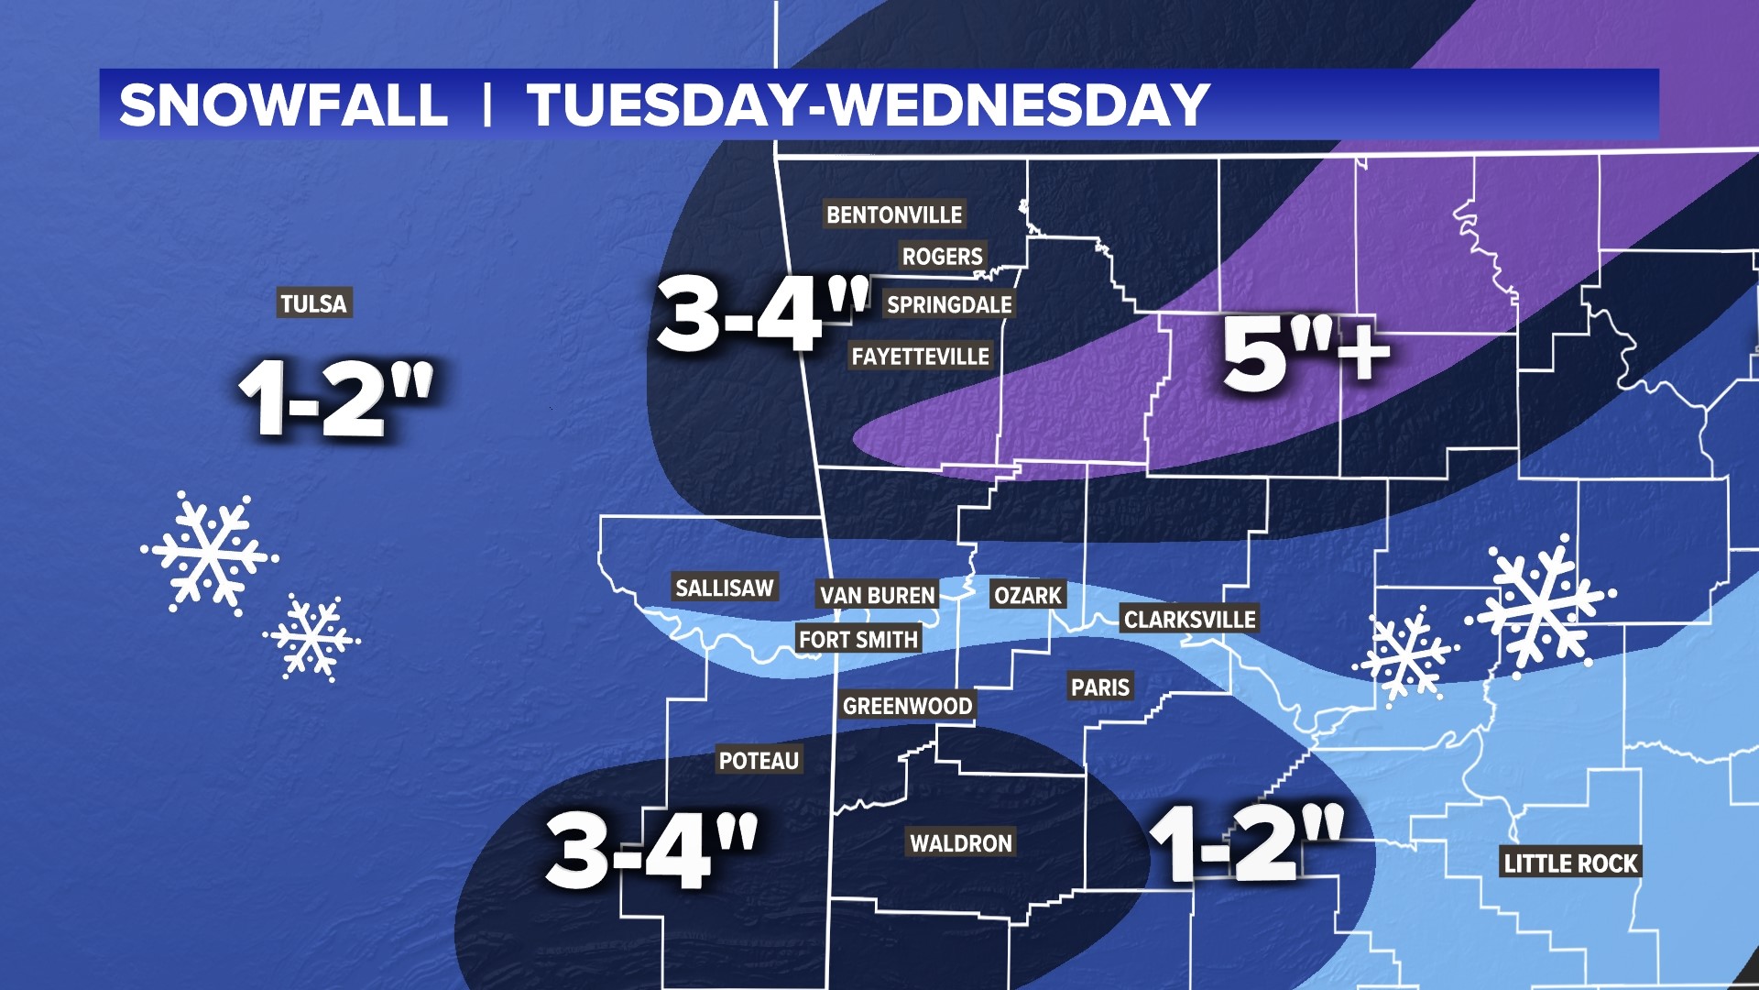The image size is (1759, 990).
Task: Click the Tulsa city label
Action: click(x=313, y=303)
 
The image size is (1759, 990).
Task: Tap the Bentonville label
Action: click(x=893, y=214)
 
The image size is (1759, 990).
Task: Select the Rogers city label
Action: click(x=942, y=257)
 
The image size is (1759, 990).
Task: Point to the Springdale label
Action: click(x=949, y=304)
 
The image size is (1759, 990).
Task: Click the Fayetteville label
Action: click(x=920, y=356)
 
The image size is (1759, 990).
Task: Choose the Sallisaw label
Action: click(x=724, y=588)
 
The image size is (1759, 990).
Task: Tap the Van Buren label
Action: click(x=877, y=595)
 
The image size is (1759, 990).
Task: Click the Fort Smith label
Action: click(x=858, y=639)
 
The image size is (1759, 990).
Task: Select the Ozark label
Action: click(x=1027, y=595)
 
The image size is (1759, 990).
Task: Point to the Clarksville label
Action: click(x=1189, y=620)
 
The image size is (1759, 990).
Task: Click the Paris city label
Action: click(x=1099, y=687)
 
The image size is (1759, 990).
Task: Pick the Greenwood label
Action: click(x=907, y=706)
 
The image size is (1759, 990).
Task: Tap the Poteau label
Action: click(x=759, y=760)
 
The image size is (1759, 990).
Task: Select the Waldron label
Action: click(x=960, y=842)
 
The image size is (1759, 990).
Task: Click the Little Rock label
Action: click(x=1570, y=863)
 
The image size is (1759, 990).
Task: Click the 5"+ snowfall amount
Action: click(x=1306, y=353)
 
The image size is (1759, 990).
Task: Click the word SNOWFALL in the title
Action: click(x=283, y=104)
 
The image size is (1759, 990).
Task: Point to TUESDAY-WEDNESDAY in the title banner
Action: click(x=868, y=104)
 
